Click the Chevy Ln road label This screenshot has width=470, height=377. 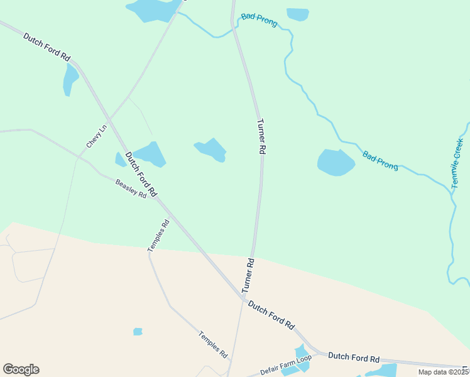97,136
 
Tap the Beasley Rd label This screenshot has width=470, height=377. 131,188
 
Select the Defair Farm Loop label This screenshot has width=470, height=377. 286,366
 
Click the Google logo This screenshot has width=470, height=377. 21,369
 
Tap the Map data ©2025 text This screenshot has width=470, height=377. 443,372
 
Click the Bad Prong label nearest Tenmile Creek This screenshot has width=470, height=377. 380,160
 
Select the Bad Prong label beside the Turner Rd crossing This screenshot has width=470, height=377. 259,18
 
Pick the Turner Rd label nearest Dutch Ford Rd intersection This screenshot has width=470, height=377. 248,275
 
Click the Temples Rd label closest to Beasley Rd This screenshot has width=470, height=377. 159,235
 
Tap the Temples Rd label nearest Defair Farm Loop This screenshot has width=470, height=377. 213,344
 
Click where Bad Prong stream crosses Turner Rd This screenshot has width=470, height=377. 236,27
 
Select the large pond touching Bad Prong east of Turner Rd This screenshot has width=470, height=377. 336,162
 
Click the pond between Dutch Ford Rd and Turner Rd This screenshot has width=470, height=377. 211,150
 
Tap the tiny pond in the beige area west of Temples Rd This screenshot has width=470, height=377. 138,331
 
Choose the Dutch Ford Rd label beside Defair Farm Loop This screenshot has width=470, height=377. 354,359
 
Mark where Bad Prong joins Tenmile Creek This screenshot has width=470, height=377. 451,192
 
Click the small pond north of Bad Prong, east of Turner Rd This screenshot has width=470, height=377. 297,14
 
